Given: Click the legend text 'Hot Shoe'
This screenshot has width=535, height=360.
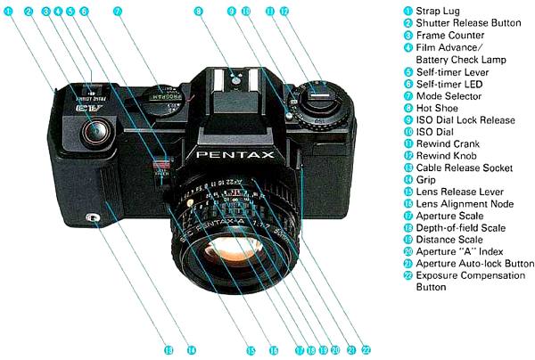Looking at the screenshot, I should (436, 107).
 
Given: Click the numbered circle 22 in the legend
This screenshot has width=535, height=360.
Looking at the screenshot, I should (408, 276).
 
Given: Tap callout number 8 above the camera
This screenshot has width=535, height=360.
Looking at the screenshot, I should (199, 12).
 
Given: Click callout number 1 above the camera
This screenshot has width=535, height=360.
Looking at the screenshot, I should (10, 12).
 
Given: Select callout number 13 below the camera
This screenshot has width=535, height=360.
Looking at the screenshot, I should (167, 348).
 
